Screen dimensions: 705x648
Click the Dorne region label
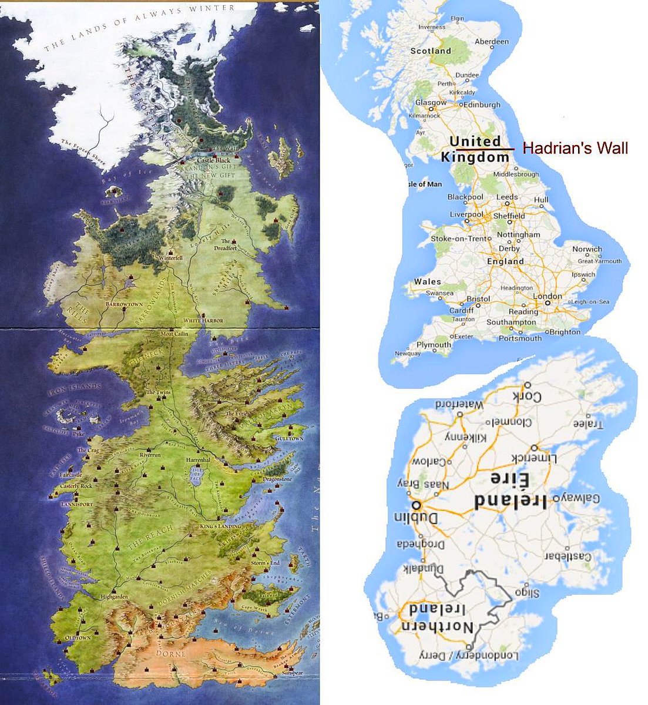click(170, 653)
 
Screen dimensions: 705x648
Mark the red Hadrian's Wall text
click(575, 148)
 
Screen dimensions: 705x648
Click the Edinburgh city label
click(482, 105)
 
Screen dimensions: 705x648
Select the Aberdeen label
click(491, 42)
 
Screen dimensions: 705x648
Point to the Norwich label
click(587, 249)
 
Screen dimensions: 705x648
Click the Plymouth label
click(434, 345)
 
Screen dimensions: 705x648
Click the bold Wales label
click(427, 282)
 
